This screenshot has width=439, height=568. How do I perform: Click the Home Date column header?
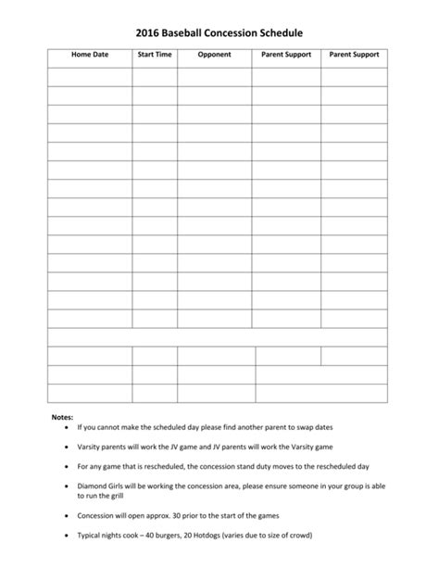90,55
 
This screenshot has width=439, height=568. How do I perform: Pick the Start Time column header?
155,55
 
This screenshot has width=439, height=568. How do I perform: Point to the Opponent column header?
214,55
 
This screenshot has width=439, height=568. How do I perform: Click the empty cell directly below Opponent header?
214,76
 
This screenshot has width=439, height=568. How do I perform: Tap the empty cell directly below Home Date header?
90,76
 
